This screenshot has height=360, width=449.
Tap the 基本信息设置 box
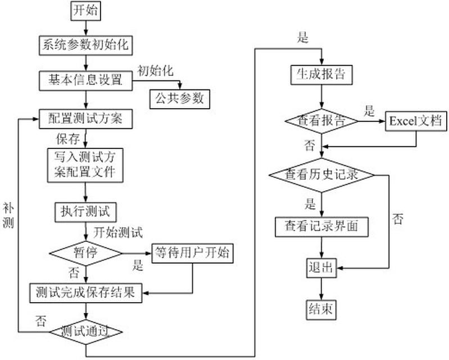[85, 80]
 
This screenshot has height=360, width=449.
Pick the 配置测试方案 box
[85, 119]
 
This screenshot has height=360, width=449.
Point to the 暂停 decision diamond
[85, 253]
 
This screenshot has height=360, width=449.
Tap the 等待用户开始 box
[193, 253]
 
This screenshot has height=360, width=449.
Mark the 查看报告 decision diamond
[321, 121]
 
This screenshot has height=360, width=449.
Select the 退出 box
[321, 268]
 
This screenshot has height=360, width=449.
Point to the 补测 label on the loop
[8, 215]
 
